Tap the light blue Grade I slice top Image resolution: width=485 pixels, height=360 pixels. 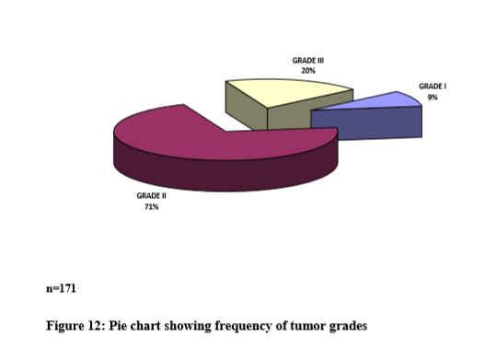tap(380, 102)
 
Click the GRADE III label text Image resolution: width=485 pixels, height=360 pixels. tap(308, 61)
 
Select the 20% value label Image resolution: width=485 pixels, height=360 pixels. tap(308, 71)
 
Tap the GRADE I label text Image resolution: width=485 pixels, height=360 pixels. tap(433, 87)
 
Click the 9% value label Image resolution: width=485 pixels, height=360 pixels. tap(433, 98)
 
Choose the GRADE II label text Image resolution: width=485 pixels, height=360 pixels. tap(151, 196)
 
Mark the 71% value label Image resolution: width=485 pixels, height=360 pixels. tap(151, 207)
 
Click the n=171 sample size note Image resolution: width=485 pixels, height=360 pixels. tap(61, 289)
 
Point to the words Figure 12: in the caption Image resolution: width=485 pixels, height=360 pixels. tap(75, 326)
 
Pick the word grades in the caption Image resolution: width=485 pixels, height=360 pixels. tap(348, 327)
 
